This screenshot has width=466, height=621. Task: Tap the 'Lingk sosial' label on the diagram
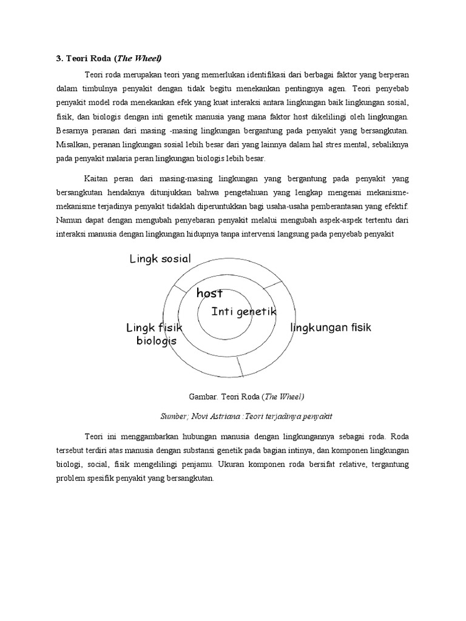160,259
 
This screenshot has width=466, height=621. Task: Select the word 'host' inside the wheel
210,293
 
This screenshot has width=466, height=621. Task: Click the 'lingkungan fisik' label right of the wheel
331,327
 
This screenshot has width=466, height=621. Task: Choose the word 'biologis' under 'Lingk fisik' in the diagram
156,341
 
